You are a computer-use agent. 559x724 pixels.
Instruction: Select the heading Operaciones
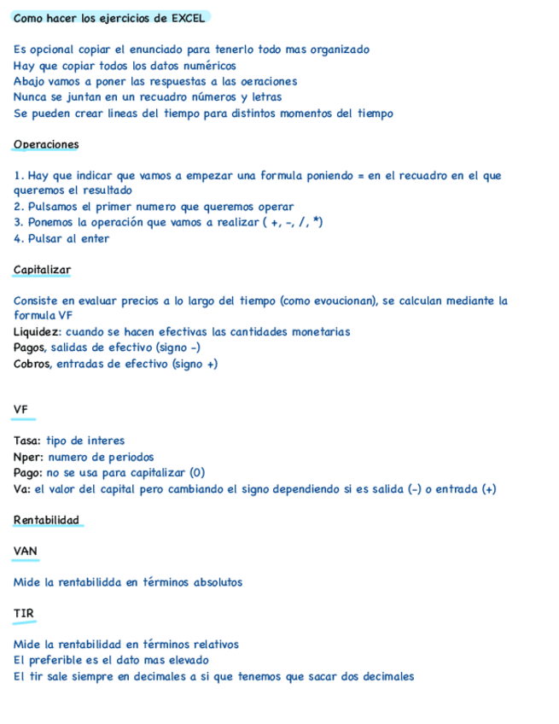click(x=46, y=144)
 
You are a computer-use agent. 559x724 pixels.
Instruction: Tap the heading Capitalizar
click(x=42, y=270)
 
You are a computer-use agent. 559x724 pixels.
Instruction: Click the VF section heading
click(x=21, y=410)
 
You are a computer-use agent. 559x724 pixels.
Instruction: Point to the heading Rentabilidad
click(x=46, y=520)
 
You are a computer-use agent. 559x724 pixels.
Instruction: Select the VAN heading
click(x=26, y=552)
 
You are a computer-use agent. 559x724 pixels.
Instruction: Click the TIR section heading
click(x=23, y=614)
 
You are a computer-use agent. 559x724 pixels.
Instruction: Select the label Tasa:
click(x=28, y=441)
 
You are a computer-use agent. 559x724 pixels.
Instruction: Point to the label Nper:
click(x=29, y=457)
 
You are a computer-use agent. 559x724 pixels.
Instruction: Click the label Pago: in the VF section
click(x=28, y=473)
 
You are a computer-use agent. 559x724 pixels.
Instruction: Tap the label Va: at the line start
click(x=22, y=489)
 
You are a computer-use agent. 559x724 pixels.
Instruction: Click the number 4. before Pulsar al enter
click(x=19, y=238)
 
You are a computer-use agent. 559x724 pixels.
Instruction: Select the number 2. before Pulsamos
click(x=19, y=207)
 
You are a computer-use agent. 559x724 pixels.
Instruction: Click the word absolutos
click(x=216, y=582)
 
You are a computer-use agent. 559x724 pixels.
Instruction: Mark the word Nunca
click(x=30, y=97)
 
